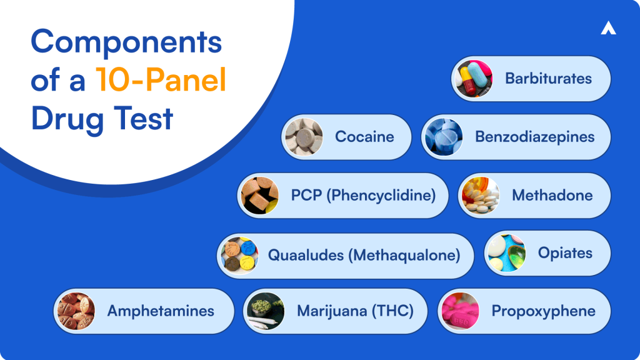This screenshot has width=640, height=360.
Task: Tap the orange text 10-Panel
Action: [x=161, y=81]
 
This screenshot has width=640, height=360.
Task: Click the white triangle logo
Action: [x=608, y=28]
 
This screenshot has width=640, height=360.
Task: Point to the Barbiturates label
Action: [x=548, y=79]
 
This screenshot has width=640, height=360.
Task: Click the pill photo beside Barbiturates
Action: [x=473, y=79]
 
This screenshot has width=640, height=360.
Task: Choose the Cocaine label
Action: [x=364, y=137]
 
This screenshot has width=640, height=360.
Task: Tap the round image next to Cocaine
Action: [x=302, y=137]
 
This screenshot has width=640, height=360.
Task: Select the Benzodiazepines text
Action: [x=534, y=137]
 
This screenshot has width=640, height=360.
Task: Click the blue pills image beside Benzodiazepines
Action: [x=442, y=137]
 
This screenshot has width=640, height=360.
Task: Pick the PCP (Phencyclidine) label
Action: [x=363, y=195]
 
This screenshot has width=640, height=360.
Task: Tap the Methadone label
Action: [x=552, y=195]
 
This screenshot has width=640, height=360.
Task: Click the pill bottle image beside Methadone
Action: [x=480, y=195]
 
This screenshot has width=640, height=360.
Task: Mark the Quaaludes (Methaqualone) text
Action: [x=364, y=255]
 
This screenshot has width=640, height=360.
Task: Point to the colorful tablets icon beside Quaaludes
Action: [x=237, y=255]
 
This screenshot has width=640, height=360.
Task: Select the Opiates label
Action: [x=565, y=253]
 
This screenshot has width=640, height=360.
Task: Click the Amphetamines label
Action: [x=161, y=311]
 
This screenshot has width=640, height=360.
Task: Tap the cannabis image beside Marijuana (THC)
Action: [x=265, y=311]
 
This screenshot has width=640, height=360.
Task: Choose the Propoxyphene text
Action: [x=543, y=311]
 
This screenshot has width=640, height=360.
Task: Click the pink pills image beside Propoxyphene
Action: [x=459, y=311]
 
